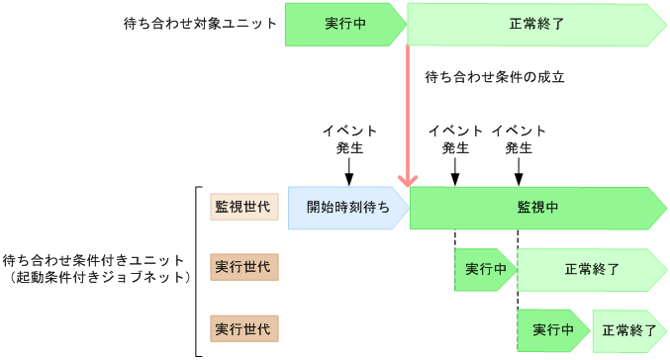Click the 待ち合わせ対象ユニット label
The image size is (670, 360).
(x=208, y=22)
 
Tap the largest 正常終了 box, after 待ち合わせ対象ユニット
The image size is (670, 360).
(x=534, y=23)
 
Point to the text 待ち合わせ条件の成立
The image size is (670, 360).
(x=493, y=76)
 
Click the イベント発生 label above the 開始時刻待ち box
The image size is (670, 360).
(x=348, y=139)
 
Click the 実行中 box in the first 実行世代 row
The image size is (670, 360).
(x=484, y=268)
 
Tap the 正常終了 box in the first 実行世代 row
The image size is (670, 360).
(x=591, y=268)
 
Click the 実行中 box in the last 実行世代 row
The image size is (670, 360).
(x=551, y=329)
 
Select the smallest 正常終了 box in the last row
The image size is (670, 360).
(x=627, y=329)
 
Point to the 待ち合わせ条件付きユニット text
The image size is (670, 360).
(x=95, y=260)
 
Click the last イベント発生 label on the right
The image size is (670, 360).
(x=518, y=139)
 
